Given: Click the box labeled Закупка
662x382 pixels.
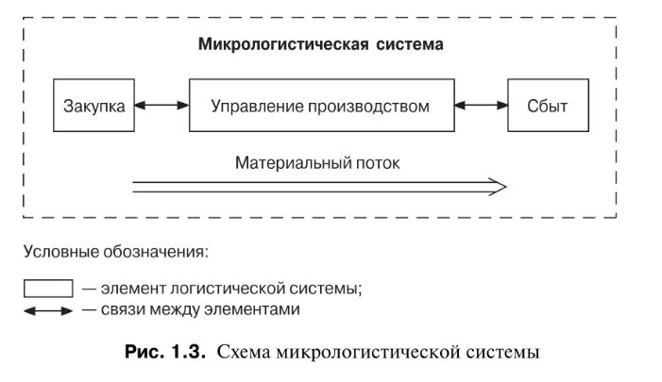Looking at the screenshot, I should click(x=94, y=106).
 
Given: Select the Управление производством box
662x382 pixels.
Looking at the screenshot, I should click(x=320, y=106).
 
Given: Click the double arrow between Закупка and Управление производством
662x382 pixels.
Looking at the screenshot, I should click(x=161, y=106).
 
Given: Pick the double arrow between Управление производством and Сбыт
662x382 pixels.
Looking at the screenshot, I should click(x=480, y=106).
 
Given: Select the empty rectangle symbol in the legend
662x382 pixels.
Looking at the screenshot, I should click(x=47, y=289).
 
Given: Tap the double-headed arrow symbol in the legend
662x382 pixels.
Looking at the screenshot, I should click(x=47, y=309).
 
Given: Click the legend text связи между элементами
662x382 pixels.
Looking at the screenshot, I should click(x=197, y=308).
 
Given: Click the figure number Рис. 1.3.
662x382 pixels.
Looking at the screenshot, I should click(x=164, y=354).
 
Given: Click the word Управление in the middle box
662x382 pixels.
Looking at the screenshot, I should click(x=256, y=106).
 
